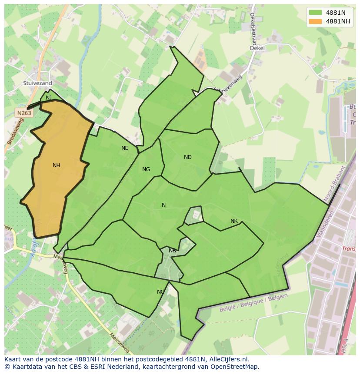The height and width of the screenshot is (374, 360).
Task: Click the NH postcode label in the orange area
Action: click(x=56, y=165)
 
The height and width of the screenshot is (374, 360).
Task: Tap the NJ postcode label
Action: click(x=49, y=98)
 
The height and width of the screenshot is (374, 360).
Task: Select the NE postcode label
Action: click(x=125, y=148)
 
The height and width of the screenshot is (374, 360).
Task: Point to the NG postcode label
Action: click(x=146, y=169)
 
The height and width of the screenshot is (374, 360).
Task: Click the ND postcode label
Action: click(x=188, y=157)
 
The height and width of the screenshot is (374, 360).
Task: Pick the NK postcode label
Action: click(x=234, y=221)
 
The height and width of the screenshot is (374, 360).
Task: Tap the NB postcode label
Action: click(x=172, y=251)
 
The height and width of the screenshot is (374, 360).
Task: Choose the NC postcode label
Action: click(x=161, y=292)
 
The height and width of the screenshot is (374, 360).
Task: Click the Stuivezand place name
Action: click(x=38, y=83)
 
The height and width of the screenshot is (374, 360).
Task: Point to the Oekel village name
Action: click(x=257, y=48)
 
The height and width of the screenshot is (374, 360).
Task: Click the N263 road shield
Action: click(x=24, y=113)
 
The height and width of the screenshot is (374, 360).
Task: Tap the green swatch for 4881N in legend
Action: click(x=315, y=13)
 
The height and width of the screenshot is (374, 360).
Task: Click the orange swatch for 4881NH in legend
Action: click(x=315, y=21)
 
